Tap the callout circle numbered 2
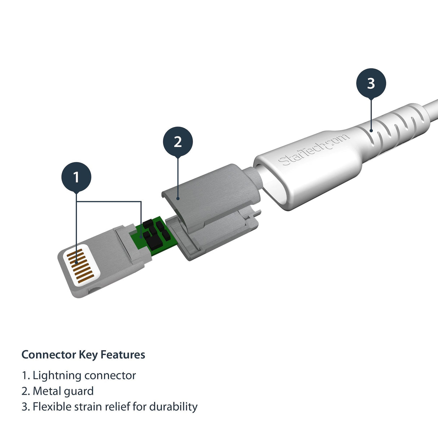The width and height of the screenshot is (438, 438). click(178, 142)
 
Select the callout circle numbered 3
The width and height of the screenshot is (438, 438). click(371, 83)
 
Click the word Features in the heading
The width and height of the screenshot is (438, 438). click(123, 355)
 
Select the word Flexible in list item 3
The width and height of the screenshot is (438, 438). click(52, 407)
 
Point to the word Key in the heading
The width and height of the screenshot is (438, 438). click(88, 355)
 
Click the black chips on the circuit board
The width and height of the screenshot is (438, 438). click(155, 233)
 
